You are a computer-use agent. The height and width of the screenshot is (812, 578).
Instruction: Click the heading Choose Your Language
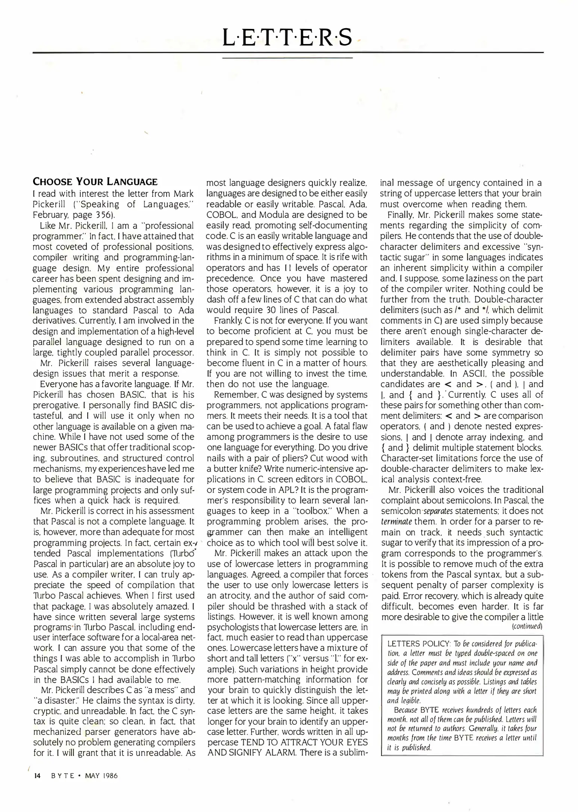tap(95, 182)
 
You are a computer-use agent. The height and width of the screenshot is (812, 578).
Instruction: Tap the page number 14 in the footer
tap(37, 776)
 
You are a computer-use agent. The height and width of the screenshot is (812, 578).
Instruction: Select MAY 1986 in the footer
tap(101, 776)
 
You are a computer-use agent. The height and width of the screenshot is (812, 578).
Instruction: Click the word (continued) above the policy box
tap(527, 627)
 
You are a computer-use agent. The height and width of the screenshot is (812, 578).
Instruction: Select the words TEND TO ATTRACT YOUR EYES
tap(304, 742)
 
